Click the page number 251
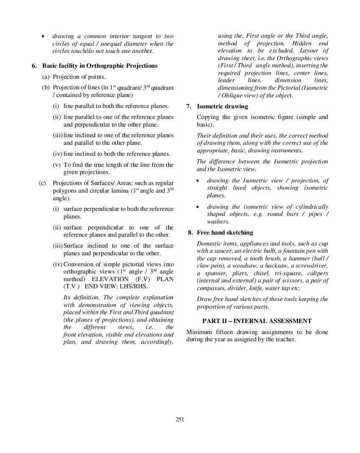click(180, 420)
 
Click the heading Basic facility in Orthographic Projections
click(100, 66)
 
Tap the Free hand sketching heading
click(225, 232)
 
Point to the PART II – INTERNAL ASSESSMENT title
click(257, 321)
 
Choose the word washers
click(218, 221)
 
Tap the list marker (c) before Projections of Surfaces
click(42, 183)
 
